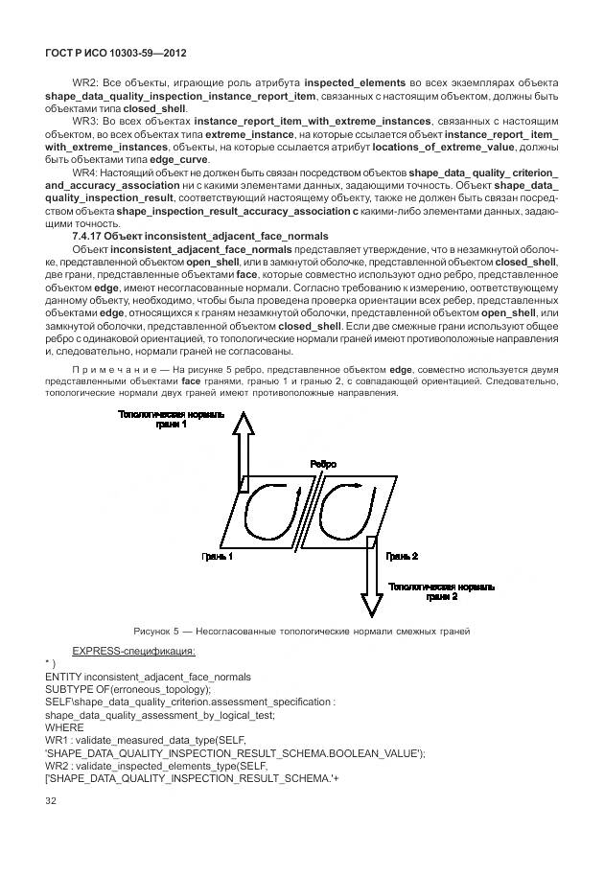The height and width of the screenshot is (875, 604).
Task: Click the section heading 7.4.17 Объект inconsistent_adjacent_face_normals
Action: point(199,236)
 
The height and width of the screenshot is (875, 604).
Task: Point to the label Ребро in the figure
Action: point(323,464)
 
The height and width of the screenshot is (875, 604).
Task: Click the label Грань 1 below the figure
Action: point(217,555)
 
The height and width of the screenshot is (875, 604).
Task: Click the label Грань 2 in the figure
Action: point(401,555)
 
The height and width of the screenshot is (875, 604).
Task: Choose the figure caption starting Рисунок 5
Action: point(301,631)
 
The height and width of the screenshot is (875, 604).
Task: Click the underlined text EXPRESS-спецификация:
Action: point(133,652)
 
